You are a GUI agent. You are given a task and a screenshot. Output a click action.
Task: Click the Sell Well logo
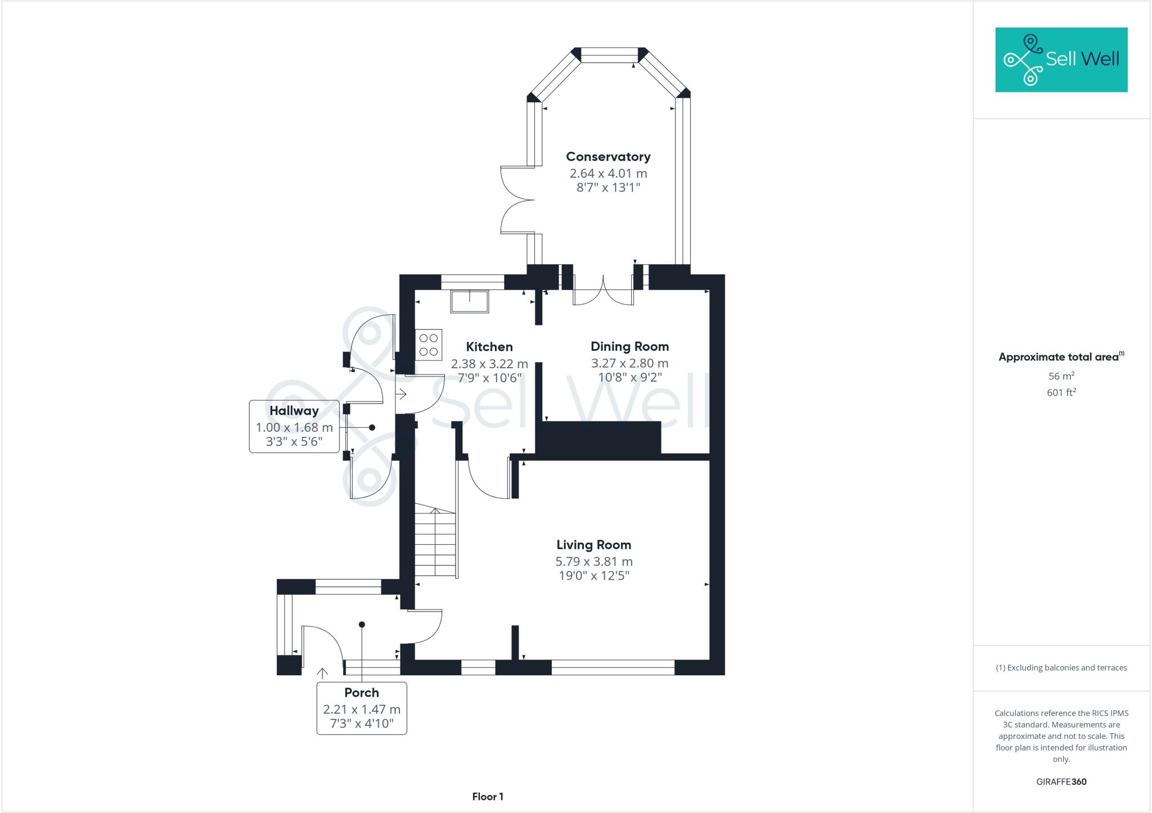point(1061,60)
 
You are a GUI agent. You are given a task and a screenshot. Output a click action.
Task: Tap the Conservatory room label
point(608,157)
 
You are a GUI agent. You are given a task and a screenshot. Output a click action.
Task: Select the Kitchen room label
point(489,347)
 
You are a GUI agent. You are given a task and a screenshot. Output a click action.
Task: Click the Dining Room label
point(629,346)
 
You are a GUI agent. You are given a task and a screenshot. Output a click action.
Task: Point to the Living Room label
point(593,545)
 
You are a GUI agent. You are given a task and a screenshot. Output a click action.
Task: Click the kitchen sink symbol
point(469,301)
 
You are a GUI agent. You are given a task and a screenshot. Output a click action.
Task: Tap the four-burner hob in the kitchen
point(429,345)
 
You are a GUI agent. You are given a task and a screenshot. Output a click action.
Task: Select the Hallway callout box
point(294,426)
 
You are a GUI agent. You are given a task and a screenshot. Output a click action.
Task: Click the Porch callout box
point(362,708)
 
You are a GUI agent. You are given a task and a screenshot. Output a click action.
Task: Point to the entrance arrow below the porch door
point(322,673)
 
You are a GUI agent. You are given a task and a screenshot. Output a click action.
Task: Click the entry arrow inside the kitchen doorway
point(402,394)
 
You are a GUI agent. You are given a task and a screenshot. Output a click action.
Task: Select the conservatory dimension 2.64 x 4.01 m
point(608,174)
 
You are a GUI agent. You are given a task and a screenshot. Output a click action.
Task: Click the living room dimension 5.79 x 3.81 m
point(593,562)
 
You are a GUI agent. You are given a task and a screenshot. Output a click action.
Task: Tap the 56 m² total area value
point(1061,376)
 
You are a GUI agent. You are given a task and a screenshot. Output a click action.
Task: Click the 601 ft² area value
point(1061,392)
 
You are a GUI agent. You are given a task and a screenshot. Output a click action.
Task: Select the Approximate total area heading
point(1061,357)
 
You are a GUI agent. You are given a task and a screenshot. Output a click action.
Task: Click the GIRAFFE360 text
point(1061,782)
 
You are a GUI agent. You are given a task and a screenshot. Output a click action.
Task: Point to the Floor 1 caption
point(488,797)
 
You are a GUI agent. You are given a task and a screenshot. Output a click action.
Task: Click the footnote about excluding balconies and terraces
point(1061,668)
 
